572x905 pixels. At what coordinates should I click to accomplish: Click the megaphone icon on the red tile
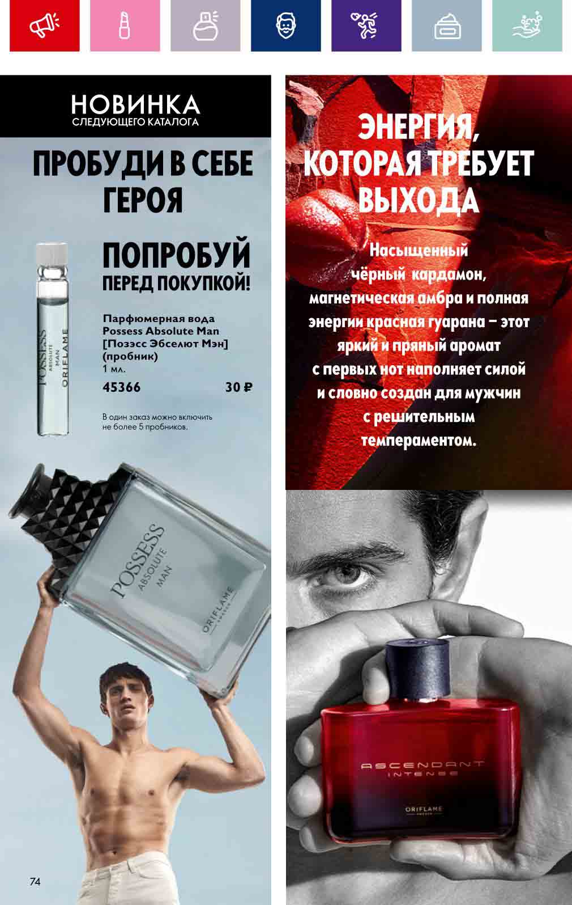44,25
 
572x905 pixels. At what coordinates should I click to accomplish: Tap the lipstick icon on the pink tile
125,26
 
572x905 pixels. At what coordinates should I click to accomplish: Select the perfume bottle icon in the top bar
206,26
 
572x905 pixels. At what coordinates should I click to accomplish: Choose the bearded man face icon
285,26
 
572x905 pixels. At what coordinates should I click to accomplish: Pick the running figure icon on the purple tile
365,26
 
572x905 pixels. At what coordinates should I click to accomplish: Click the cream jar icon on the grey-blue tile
447,26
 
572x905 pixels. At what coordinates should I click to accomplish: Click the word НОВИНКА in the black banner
135,105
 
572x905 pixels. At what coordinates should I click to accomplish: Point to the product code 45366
121,387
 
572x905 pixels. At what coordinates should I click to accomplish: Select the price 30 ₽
239,387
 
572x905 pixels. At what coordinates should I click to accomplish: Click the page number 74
35,882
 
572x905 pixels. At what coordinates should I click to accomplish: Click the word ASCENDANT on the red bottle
422,765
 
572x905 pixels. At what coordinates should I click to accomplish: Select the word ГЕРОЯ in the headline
143,200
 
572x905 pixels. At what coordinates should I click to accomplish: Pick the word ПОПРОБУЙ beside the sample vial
176,255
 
